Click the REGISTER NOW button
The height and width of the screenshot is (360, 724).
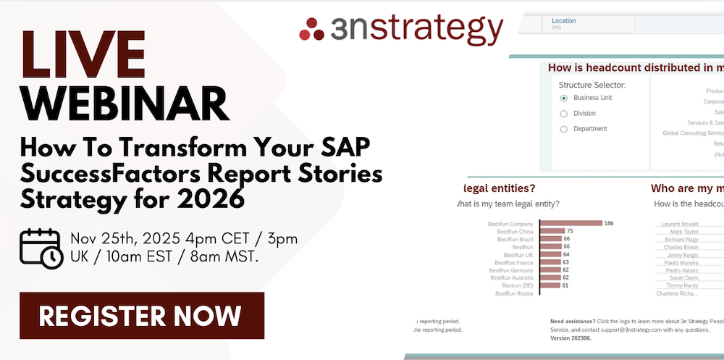coord(142,316)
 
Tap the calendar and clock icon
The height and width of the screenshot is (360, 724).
coord(41,248)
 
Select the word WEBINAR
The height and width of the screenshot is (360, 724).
coord(123,103)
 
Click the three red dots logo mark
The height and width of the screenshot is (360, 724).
coord(312,29)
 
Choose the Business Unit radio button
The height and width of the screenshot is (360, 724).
coord(564,98)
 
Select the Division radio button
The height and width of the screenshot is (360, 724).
coord(564,114)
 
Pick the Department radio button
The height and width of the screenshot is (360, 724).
coord(564,130)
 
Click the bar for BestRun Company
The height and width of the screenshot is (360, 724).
coord(571,223)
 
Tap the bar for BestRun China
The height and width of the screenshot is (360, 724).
coord(552,231)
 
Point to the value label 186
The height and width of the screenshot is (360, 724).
coord(609,223)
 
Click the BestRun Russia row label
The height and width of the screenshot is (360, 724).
coord(514,293)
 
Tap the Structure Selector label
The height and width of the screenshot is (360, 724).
coord(592,85)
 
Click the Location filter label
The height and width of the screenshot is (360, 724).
coord(564,21)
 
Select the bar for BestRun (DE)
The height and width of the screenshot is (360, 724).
coord(550,285)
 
